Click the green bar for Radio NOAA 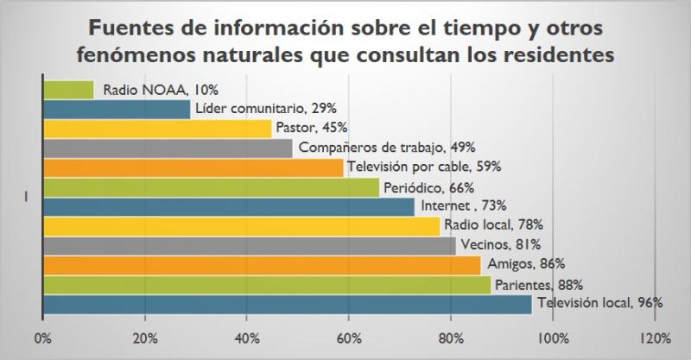click(67, 89)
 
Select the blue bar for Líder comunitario click(116, 109)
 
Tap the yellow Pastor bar click(156, 129)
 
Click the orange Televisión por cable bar click(192, 167)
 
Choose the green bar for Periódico click(210, 187)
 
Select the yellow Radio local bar click(240, 226)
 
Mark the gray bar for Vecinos click(248, 246)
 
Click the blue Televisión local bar click(286, 304)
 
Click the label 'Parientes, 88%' click(538, 284)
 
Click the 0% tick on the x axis click(42, 338)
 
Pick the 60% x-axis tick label click(348, 338)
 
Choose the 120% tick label click(654, 338)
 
